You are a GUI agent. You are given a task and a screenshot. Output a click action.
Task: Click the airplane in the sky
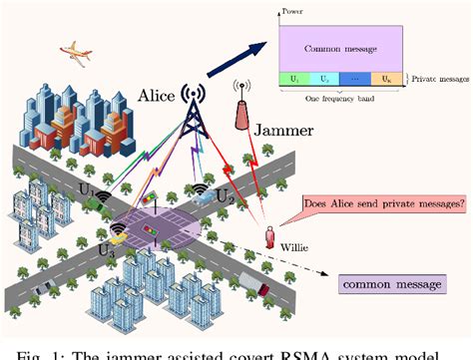75,49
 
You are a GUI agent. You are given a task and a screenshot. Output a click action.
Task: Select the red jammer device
239,114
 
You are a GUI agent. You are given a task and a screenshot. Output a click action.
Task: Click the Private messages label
443,76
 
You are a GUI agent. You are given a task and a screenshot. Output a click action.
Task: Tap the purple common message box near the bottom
391,285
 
